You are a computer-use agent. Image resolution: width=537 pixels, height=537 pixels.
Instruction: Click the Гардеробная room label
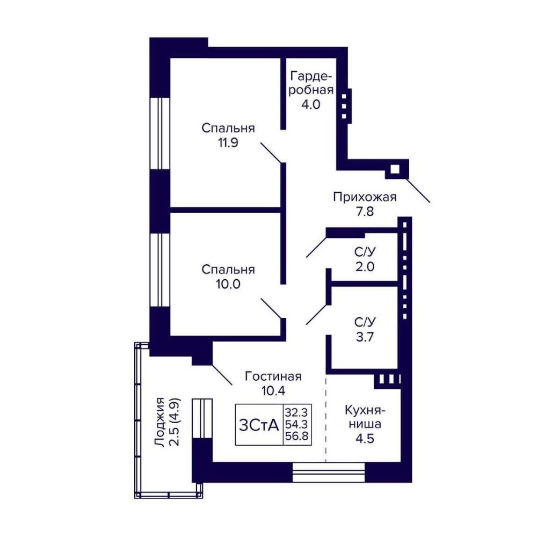[311, 83]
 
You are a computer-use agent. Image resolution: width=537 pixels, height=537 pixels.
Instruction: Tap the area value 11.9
[228, 142]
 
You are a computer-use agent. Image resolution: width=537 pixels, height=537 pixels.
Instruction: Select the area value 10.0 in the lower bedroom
[228, 284]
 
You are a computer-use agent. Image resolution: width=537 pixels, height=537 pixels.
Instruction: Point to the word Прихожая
[365, 197]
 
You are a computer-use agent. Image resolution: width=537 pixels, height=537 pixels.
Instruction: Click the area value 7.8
[365, 212]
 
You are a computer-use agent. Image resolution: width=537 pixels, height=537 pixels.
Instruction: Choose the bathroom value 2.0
[365, 266]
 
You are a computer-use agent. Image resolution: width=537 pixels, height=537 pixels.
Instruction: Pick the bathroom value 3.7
[365, 337]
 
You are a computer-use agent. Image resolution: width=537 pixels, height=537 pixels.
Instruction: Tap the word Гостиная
[273, 376]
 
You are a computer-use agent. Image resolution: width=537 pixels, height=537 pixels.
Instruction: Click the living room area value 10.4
[273, 391]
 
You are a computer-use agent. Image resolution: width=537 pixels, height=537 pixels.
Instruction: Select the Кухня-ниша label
[365, 417]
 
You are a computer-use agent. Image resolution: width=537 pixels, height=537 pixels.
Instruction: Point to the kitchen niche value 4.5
[365, 438]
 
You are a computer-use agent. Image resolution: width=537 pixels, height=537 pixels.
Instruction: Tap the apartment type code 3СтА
[259, 425]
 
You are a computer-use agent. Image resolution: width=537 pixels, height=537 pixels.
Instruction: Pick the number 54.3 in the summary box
[296, 425]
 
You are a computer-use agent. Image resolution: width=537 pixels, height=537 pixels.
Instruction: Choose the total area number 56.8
[297, 437]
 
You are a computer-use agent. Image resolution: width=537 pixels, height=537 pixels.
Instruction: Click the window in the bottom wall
[329, 472]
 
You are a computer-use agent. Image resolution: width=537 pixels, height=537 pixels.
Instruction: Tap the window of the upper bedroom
[160, 134]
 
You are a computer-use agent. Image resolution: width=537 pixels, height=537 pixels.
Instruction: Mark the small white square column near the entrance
[395, 169]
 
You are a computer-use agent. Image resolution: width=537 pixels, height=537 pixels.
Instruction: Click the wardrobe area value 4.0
[310, 104]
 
